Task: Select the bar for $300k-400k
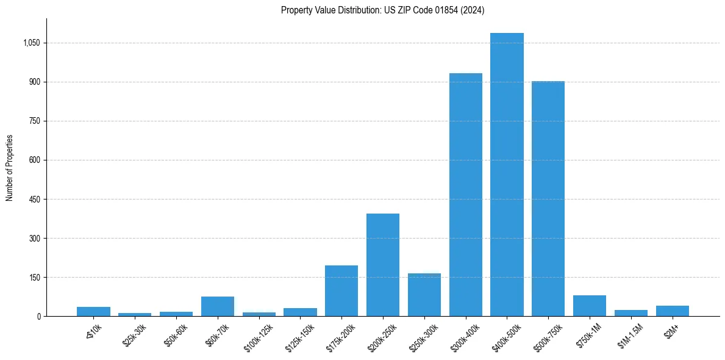(x=465, y=195)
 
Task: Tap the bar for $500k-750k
(x=548, y=198)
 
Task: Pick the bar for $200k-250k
(x=382, y=265)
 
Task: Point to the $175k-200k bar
(x=341, y=290)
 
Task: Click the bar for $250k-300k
(x=424, y=295)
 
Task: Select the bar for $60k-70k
(x=217, y=306)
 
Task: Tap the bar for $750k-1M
(x=590, y=306)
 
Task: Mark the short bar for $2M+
(x=672, y=311)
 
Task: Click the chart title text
(x=382, y=10)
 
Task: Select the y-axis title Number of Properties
(x=10, y=168)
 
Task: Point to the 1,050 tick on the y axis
(x=32, y=43)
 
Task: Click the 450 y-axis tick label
(x=35, y=200)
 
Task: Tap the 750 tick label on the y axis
(x=35, y=121)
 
